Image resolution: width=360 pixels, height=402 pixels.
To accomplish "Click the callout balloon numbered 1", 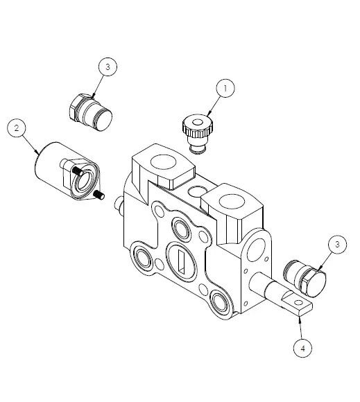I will (x=224, y=89).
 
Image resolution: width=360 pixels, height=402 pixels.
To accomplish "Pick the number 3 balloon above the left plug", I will (x=108, y=67).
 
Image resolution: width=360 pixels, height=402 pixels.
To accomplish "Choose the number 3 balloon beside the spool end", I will (x=336, y=244).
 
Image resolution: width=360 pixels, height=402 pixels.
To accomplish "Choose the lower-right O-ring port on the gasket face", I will (x=221, y=300).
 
